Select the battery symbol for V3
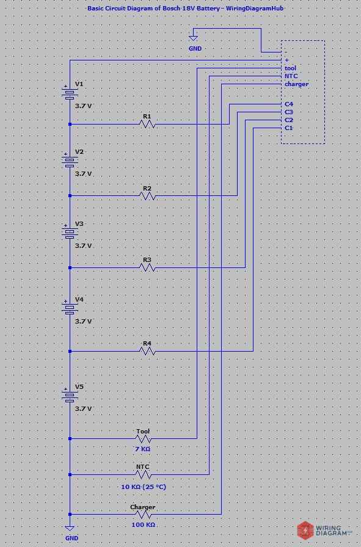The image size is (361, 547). (x=70, y=233)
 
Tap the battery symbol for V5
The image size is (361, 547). (x=70, y=396)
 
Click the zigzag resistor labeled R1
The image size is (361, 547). (x=147, y=124)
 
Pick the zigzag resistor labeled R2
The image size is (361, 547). (x=147, y=196)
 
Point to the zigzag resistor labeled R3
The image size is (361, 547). (x=147, y=267)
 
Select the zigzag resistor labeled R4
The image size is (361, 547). (x=147, y=351)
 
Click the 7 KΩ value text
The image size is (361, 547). (x=143, y=449)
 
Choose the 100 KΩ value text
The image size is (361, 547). (x=143, y=524)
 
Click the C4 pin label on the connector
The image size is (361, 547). (x=289, y=104)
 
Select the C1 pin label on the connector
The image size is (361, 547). (x=289, y=128)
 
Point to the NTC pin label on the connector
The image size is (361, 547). (x=291, y=76)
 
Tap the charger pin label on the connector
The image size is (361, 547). (x=296, y=84)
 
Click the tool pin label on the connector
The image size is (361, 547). (x=290, y=68)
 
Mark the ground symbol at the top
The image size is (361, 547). (x=194, y=38)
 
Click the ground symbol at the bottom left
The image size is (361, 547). (x=70, y=528)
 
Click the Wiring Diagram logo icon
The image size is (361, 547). (x=305, y=531)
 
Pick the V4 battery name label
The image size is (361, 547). (x=79, y=300)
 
